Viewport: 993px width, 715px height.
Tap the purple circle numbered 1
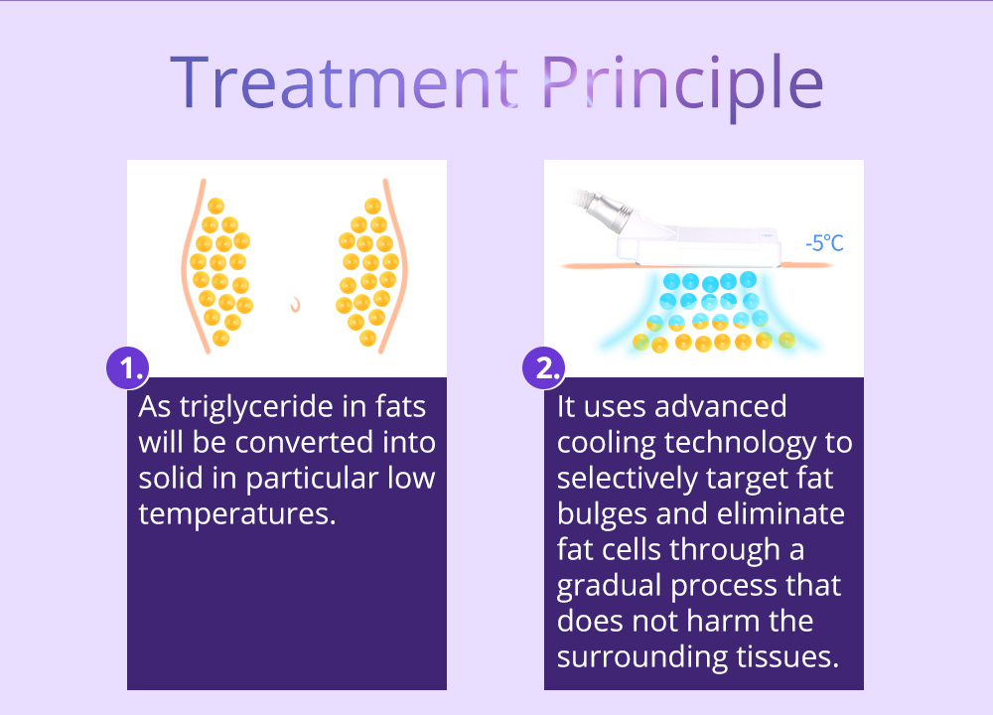click(x=128, y=367)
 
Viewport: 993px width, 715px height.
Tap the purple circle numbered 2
click(x=544, y=367)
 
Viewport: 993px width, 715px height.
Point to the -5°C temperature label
click(x=824, y=242)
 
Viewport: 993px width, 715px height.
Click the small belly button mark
click(x=295, y=305)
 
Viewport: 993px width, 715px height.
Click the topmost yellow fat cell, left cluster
click(x=215, y=206)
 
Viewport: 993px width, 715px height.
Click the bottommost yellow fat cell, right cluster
click(x=368, y=338)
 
